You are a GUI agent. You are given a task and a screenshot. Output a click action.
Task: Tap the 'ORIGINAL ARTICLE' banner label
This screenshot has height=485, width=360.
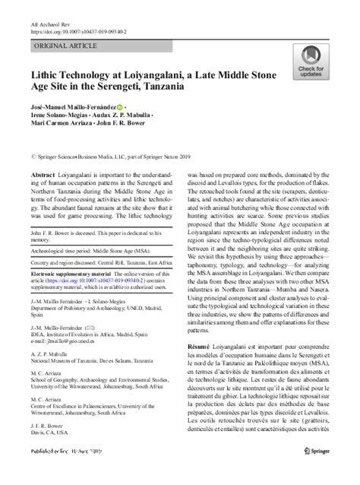(x=65, y=47)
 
